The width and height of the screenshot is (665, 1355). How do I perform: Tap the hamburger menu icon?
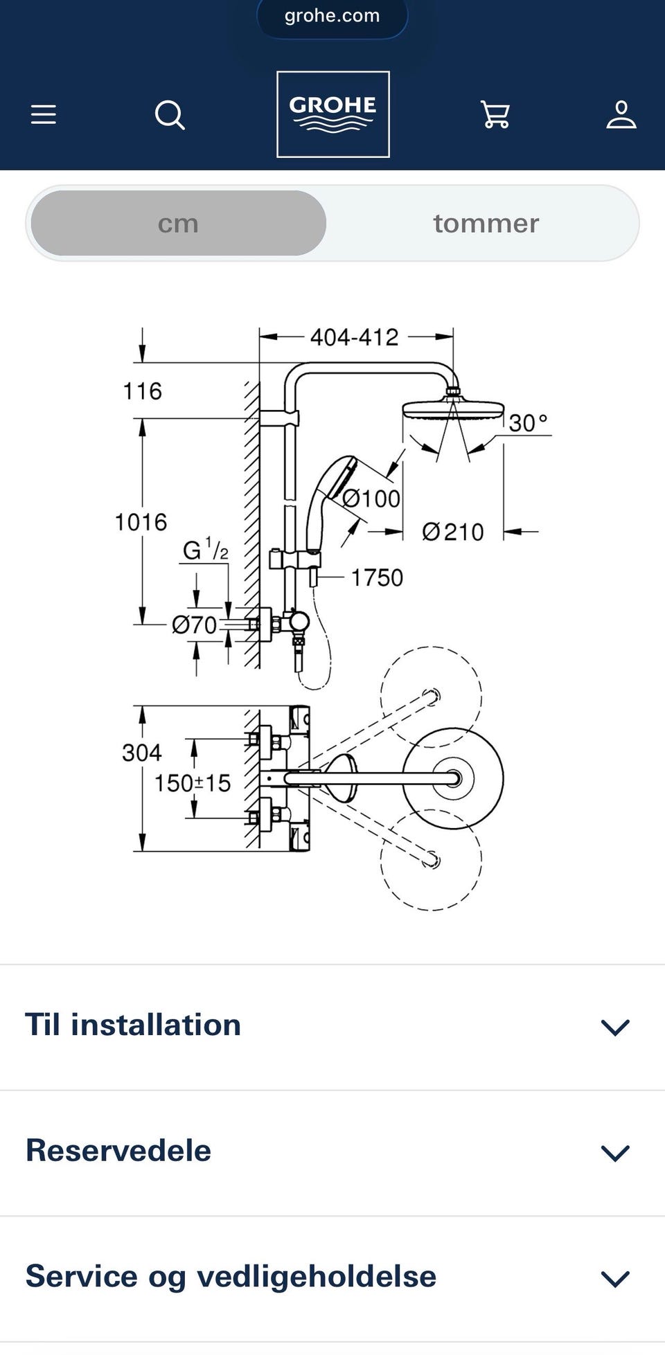click(x=43, y=114)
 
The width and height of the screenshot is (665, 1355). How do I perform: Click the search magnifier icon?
click(x=170, y=115)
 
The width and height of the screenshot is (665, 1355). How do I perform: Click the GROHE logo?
click(x=333, y=114)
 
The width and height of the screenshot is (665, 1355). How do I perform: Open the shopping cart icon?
click(x=495, y=115)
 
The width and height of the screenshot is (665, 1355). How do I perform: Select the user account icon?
click(x=621, y=115)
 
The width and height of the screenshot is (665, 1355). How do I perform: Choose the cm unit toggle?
click(x=179, y=223)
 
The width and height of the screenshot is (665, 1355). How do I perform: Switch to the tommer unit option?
click(x=486, y=223)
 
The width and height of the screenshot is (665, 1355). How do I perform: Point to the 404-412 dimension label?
click(x=354, y=337)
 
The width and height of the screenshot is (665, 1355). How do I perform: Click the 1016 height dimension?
click(x=141, y=522)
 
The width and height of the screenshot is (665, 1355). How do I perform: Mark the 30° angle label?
click(x=528, y=422)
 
